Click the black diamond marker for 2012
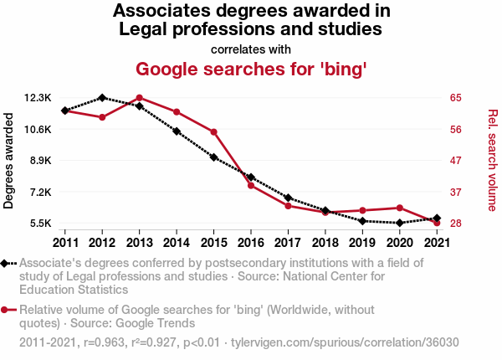pyautogui.click(x=102, y=98)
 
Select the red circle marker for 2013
pyautogui.click(x=139, y=98)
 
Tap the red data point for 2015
pyautogui.click(x=213, y=131)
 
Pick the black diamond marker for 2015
pyautogui.click(x=213, y=157)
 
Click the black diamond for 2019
pyautogui.click(x=362, y=221)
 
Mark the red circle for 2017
pyautogui.click(x=288, y=206)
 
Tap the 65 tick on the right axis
pyautogui.click(x=456, y=98)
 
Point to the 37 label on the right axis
pyautogui.click(x=456, y=193)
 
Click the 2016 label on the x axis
pyautogui.click(x=250, y=243)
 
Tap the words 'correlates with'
pyautogui.click(x=251, y=48)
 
